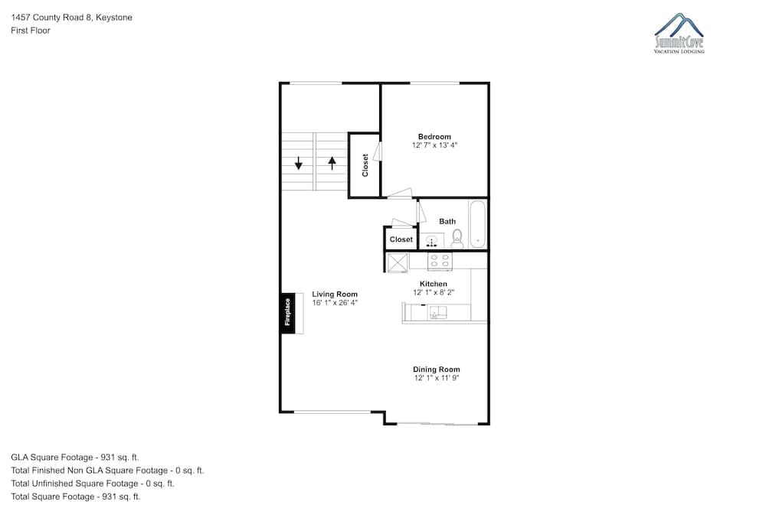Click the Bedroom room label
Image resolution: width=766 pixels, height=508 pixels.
[x=434, y=137]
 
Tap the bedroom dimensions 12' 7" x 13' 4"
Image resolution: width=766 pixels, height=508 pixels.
[x=434, y=145]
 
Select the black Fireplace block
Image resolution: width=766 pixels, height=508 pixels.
[x=287, y=313]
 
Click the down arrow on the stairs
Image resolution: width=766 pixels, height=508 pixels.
[x=298, y=162]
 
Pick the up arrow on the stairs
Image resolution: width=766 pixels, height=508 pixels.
[x=332, y=162]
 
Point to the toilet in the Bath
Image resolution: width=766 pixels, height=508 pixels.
[x=457, y=239]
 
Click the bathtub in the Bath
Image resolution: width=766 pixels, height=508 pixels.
[x=477, y=224]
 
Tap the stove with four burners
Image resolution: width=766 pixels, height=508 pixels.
[x=440, y=261]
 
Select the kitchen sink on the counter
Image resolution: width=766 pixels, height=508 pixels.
[x=437, y=312]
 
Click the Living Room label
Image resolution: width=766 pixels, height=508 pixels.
[x=335, y=295]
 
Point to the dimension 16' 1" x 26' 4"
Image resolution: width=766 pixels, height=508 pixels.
[x=335, y=302]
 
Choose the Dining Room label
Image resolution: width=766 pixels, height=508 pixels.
[x=437, y=370]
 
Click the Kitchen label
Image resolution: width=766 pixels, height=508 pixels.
[x=434, y=284]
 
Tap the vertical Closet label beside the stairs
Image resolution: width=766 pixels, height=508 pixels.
[x=365, y=165]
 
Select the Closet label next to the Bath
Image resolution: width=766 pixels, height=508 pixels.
[x=401, y=239]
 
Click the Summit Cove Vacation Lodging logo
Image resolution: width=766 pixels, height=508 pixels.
[x=679, y=33]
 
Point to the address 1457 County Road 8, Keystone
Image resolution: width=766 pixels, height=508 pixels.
[x=71, y=18]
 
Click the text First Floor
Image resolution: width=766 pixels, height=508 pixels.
[x=31, y=31]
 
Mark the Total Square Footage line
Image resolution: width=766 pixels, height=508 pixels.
[x=76, y=497]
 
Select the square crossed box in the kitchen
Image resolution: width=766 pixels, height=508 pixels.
[x=398, y=262]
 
